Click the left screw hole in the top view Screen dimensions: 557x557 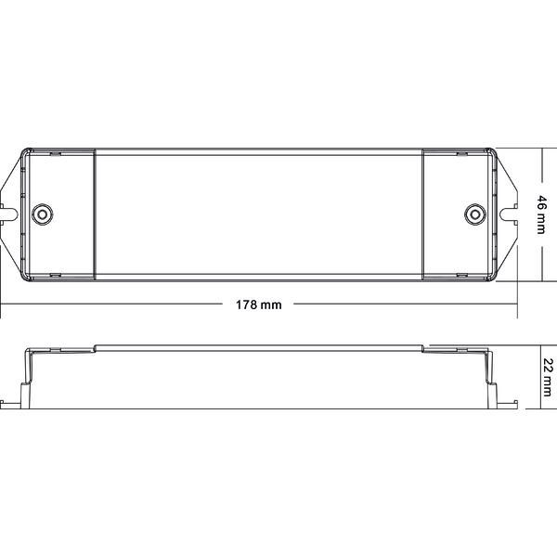point(40,213)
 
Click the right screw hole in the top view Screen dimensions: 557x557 point(473,213)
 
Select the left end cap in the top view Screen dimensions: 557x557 point(58,213)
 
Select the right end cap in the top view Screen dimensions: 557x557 point(457,213)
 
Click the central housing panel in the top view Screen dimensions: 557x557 point(257,213)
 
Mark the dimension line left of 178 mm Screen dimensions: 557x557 point(111,304)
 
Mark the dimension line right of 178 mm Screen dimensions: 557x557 point(399,304)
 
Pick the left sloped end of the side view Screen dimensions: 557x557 point(28,371)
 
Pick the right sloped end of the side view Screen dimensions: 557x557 point(486,371)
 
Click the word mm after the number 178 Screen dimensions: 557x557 point(270,304)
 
